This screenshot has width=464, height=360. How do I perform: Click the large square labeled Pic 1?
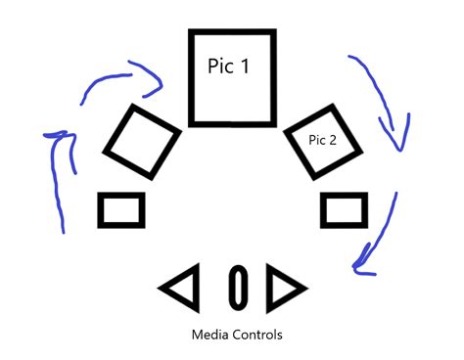pos(231,78)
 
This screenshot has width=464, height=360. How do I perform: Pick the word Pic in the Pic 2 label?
pos(316,141)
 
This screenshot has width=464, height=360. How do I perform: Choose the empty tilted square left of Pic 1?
pos(142,143)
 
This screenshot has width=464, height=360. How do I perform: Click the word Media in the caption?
pos(213,335)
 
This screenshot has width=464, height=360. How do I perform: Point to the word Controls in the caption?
pos(257,335)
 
